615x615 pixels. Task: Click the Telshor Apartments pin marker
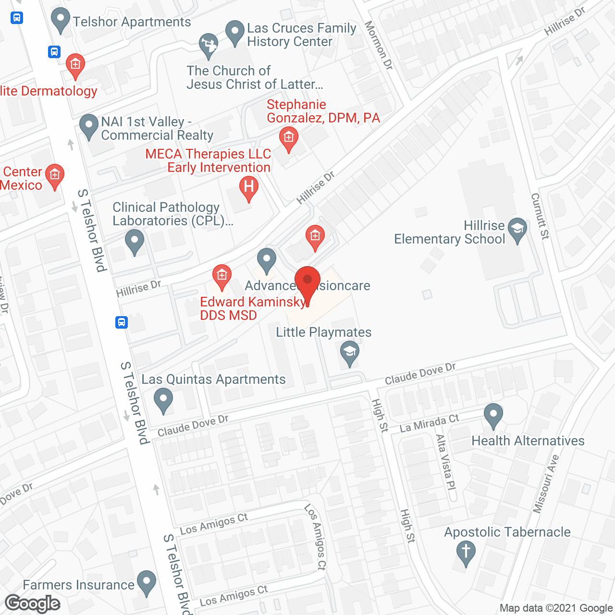pyautogui.click(x=61, y=21)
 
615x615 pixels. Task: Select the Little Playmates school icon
pyautogui.click(x=350, y=353)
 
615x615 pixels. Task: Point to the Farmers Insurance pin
pyautogui.click(x=147, y=582)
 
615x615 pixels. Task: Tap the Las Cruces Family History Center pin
pyautogui.click(x=235, y=32)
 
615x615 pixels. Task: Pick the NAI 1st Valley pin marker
pyautogui.click(x=89, y=126)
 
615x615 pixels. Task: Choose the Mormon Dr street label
pyautogui.click(x=379, y=45)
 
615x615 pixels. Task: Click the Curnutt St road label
pyautogui.click(x=540, y=216)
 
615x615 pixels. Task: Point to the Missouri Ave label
pyautogui.click(x=546, y=483)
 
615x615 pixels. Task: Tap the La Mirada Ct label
pyautogui.click(x=429, y=423)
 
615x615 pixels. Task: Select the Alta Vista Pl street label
pyautogui.click(x=445, y=462)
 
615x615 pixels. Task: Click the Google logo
pyautogui.click(x=33, y=603)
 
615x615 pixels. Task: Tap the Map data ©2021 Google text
pyautogui.click(x=556, y=608)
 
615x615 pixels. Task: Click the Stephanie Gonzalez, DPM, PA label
pyautogui.click(x=323, y=111)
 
